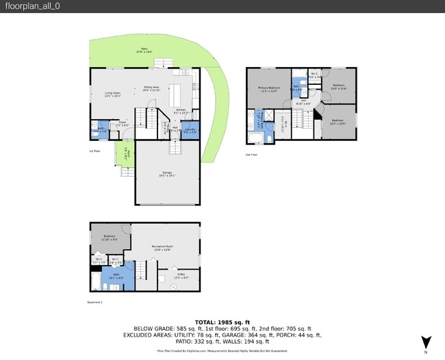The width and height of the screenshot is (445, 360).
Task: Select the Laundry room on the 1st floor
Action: pos(190,130)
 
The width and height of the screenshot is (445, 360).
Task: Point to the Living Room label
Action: pos(112,94)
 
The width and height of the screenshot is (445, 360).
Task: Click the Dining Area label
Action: pos(151,88)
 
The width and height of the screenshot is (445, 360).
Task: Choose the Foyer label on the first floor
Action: pos(123,125)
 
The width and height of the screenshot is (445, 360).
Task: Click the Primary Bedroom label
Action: pos(268,90)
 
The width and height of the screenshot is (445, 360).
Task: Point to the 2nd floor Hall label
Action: pos(303,103)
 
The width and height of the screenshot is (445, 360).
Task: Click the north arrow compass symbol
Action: pos(426,342)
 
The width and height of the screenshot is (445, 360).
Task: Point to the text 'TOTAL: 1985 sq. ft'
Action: pos(222,322)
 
